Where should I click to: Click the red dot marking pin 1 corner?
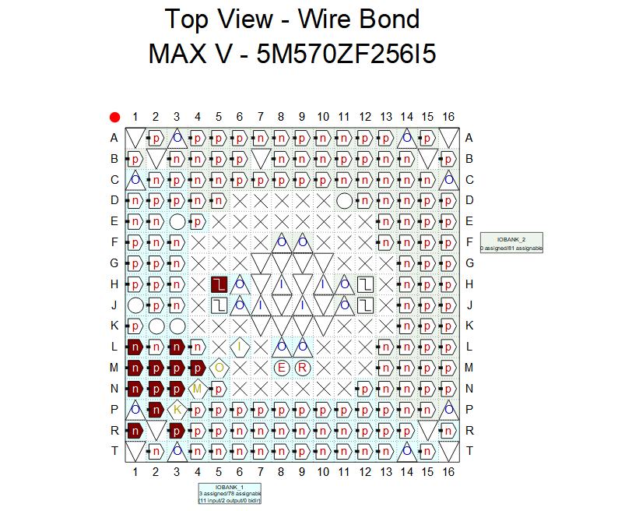115,118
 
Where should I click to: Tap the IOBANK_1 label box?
230,494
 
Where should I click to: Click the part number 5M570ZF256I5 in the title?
346,54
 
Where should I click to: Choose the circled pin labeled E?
282,367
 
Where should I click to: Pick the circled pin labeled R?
303,367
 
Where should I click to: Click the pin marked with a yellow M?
198,388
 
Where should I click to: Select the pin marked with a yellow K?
177,409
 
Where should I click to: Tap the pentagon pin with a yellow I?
240,346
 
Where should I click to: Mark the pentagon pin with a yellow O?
219,367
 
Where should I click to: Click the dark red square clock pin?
219,284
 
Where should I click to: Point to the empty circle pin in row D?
345,200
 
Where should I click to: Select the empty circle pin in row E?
177,221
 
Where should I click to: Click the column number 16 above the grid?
448,117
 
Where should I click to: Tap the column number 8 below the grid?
281,472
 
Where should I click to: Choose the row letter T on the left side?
114,451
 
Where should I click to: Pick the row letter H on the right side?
469,284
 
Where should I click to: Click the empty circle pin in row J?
135,305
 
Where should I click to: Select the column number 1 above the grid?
135,117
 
